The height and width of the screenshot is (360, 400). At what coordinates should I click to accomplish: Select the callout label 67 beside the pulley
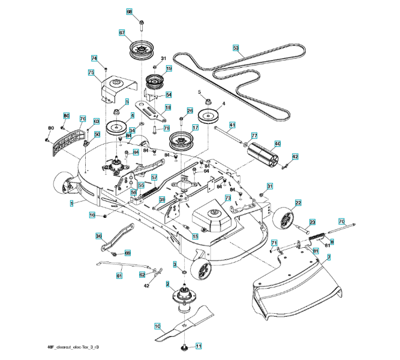(121, 33)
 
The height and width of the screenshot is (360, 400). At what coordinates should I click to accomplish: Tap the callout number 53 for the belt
(236, 47)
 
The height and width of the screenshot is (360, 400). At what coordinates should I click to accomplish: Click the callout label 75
(91, 73)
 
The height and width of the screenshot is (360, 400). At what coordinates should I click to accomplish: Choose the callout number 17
(195, 128)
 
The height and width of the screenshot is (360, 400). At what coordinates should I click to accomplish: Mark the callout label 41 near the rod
(232, 125)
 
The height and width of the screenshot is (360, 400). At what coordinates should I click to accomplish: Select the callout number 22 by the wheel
(298, 203)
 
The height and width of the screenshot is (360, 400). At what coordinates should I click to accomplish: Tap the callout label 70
(342, 221)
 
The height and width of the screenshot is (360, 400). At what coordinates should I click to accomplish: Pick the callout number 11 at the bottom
(199, 346)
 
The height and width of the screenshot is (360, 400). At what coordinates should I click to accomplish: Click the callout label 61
(119, 275)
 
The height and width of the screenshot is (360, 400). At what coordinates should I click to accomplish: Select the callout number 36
(99, 236)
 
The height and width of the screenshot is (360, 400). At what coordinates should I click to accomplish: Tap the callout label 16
(92, 215)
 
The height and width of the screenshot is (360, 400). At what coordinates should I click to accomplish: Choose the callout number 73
(228, 197)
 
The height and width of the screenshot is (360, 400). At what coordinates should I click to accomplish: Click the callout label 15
(195, 236)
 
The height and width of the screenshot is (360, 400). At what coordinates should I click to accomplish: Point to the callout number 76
(83, 119)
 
